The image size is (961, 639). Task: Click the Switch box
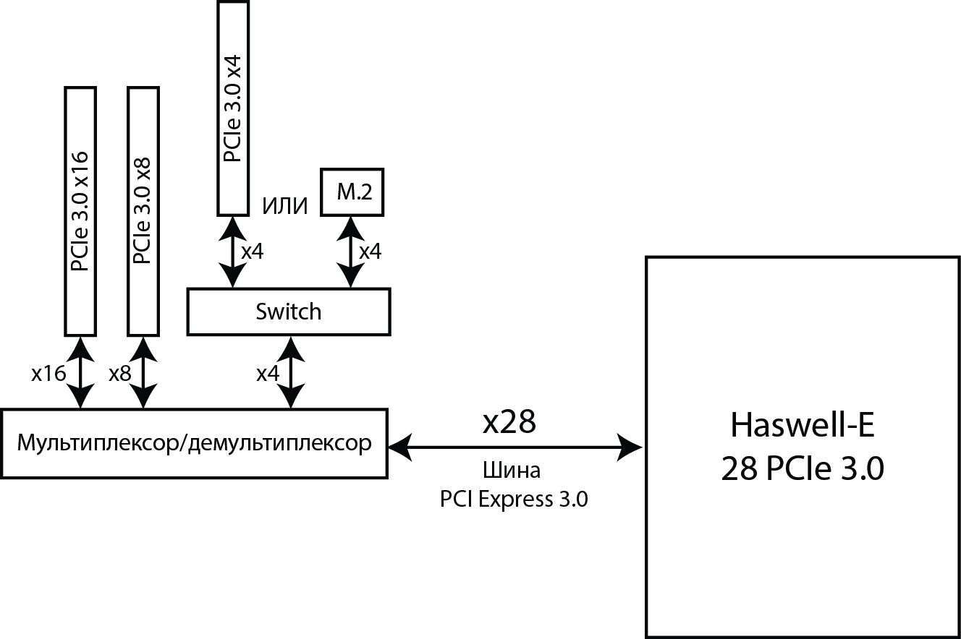(288, 312)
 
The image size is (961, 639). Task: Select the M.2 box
(352, 192)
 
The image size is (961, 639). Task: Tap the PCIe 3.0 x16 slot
(80, 211)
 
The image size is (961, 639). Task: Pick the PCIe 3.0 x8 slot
(143, 211)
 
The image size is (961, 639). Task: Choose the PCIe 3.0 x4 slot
(232, 108)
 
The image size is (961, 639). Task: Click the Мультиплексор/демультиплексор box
(194, 443)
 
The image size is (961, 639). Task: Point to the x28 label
(509, 423)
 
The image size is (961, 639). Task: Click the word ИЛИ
(284, 207)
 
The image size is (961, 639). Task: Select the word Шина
(512, 471)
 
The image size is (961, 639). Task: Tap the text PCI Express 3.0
(514, 499)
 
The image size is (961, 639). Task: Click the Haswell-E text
(803, 426)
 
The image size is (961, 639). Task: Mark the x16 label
(48, 374)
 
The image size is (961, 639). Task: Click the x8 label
(119, 374)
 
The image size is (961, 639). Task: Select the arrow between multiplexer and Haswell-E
(515, 447)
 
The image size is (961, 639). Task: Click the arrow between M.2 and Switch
(352, 252)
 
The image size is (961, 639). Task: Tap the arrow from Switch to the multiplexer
(291, 372)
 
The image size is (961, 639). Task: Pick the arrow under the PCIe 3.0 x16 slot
(80, 372)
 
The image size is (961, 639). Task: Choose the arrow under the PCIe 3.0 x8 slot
(143, 372)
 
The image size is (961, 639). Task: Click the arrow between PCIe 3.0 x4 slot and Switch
(232, 252)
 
